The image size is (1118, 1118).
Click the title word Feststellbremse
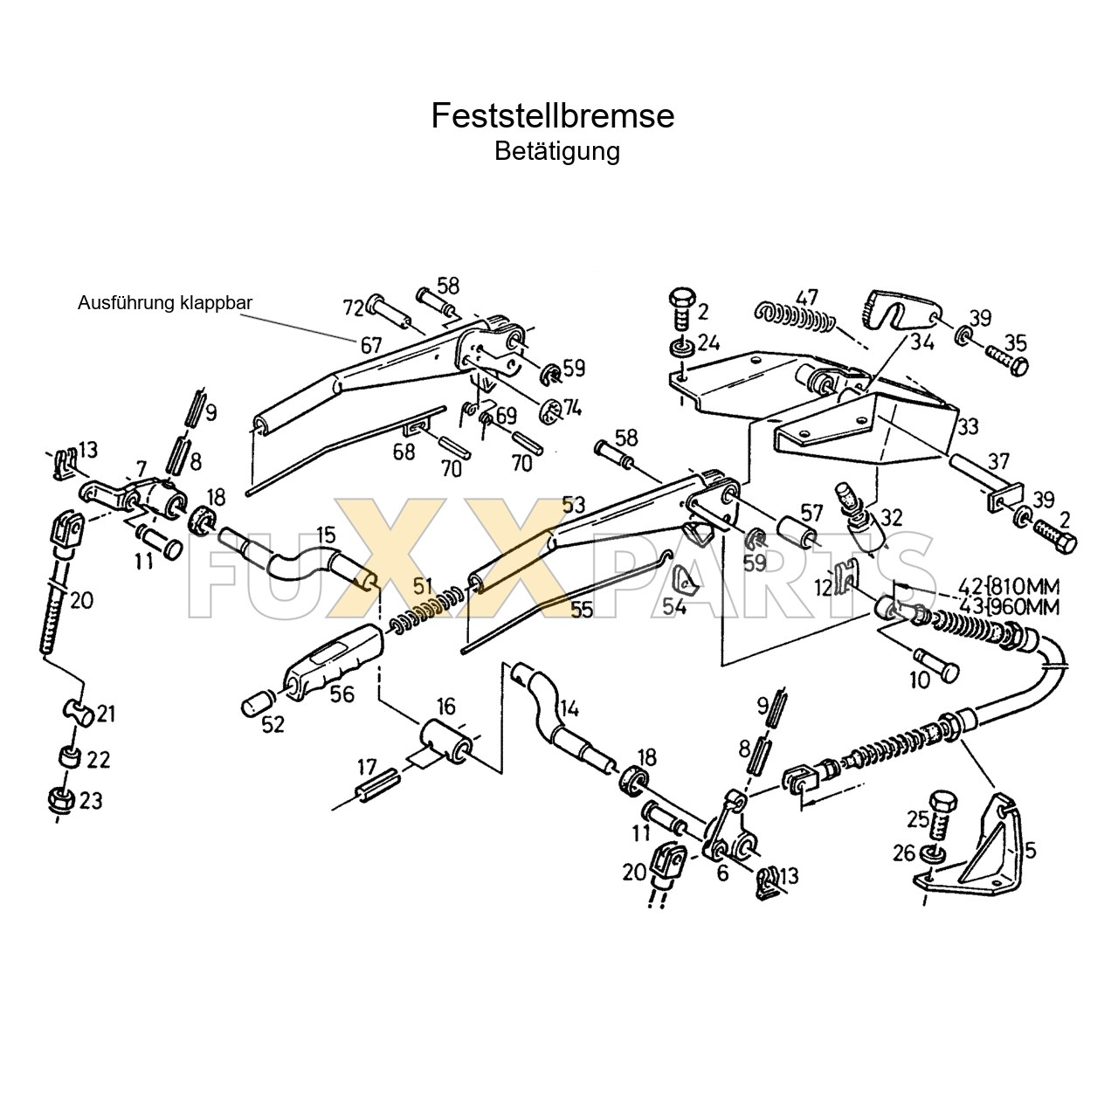click(552, 116)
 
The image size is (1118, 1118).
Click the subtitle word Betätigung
click(557, 151)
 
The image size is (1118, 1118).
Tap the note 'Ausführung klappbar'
click(165, 303)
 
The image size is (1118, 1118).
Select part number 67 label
click(370, 345)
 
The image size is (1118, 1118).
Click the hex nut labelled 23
click(59, 801)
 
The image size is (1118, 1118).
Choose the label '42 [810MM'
click(1008, 585)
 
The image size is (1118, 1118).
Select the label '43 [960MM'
click(1008, 607)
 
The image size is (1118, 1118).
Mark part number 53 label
click(573, 505)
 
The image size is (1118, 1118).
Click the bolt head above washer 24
click(682, 300)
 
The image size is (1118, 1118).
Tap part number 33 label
click(967, 426)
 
